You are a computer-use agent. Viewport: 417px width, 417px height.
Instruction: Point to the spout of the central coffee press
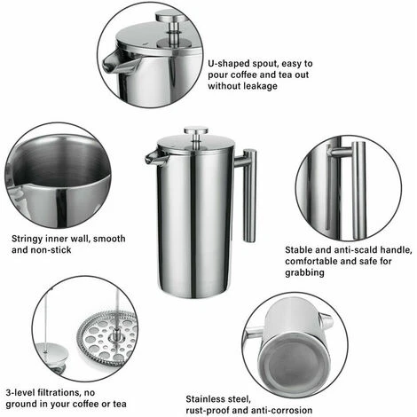pyautogui.click(x=153, y=157)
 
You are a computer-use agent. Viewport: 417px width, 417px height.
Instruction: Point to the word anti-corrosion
pyautogui.click(x=283, y=411)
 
